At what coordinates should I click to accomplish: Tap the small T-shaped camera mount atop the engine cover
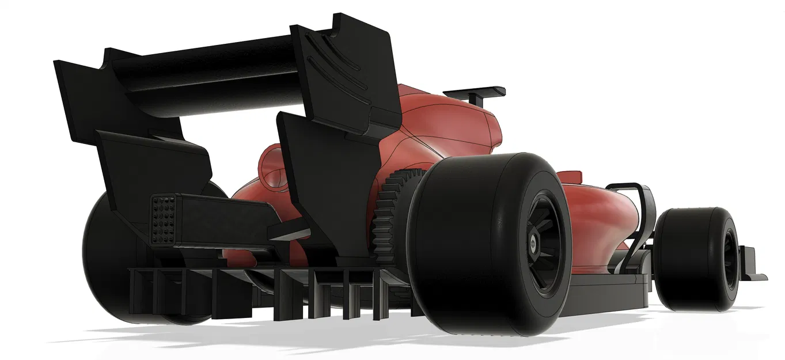click(475, 93)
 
